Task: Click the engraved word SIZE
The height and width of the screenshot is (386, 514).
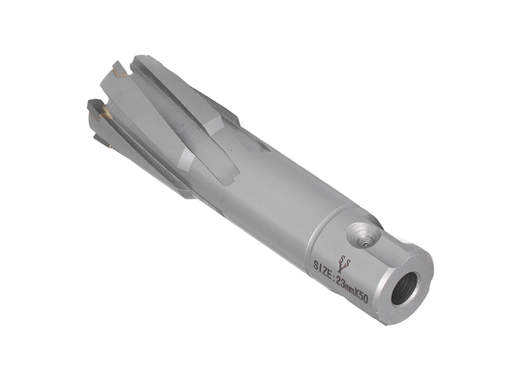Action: point(323,266)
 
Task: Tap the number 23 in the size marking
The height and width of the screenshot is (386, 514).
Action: point(342,281)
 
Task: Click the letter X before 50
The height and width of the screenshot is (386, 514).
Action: point(358,293)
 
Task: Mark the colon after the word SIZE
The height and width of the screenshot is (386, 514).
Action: point(335,274)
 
